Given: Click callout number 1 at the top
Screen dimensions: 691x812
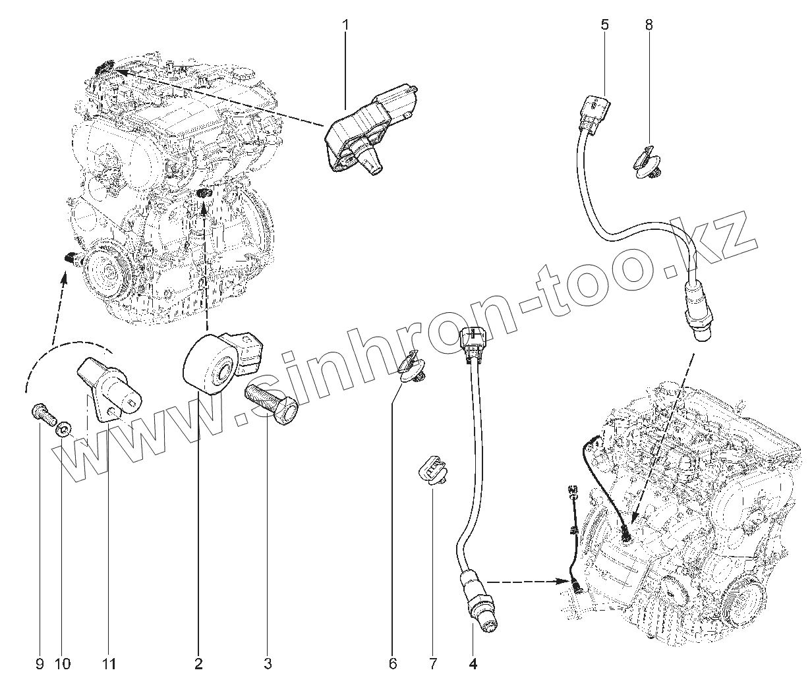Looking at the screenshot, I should [345, 26].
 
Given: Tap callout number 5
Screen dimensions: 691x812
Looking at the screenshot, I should [604, 26].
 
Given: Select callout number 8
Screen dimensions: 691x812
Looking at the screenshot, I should [649, 26].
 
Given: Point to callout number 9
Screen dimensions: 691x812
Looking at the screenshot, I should [39, 663].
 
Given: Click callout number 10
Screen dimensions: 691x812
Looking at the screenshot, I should [63, 663].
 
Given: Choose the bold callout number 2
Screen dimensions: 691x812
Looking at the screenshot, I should [199, 663].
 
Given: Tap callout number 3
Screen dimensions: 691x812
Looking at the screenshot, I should [268, 663].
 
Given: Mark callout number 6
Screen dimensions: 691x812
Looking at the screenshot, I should [393, 663].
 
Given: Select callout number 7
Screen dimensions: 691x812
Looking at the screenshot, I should [433, 663].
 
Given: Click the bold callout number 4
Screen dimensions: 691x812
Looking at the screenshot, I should [473, 663].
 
